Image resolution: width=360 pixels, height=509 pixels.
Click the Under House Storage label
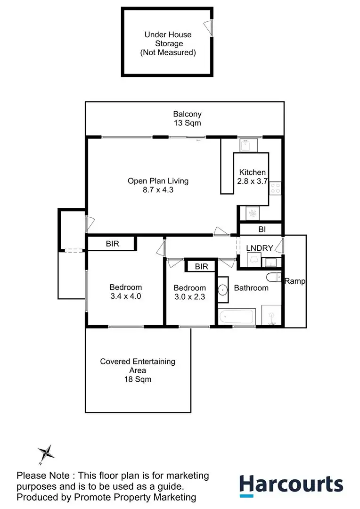point(168,43)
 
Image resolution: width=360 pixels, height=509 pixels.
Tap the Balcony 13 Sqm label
point(188,118)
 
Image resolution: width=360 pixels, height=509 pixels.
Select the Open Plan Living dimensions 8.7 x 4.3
point(158,190)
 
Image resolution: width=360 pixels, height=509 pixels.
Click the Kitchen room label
point(252,172)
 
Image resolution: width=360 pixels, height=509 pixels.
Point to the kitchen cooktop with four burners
point(275,188)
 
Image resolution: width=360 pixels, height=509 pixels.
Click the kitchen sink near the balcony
point(249,145)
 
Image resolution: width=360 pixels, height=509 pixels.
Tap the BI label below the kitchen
point(262,230)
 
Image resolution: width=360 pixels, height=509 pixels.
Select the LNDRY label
point(259,248)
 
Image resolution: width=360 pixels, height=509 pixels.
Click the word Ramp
point(295,281)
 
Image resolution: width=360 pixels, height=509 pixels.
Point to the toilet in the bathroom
point(274,277)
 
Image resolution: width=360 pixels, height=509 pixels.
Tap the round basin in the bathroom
point(223,290)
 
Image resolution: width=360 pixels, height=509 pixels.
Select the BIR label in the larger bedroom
point(112,244)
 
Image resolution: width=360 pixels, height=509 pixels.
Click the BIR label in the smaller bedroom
point(201,266)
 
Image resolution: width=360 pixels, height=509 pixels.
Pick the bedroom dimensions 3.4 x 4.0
point(126,296)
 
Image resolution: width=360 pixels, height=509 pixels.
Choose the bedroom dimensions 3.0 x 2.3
point(189,297)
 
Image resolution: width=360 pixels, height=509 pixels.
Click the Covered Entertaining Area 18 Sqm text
point(138,370)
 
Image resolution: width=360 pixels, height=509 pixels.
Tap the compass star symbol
point(46,452)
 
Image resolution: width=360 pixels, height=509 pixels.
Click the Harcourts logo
point(291,485)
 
